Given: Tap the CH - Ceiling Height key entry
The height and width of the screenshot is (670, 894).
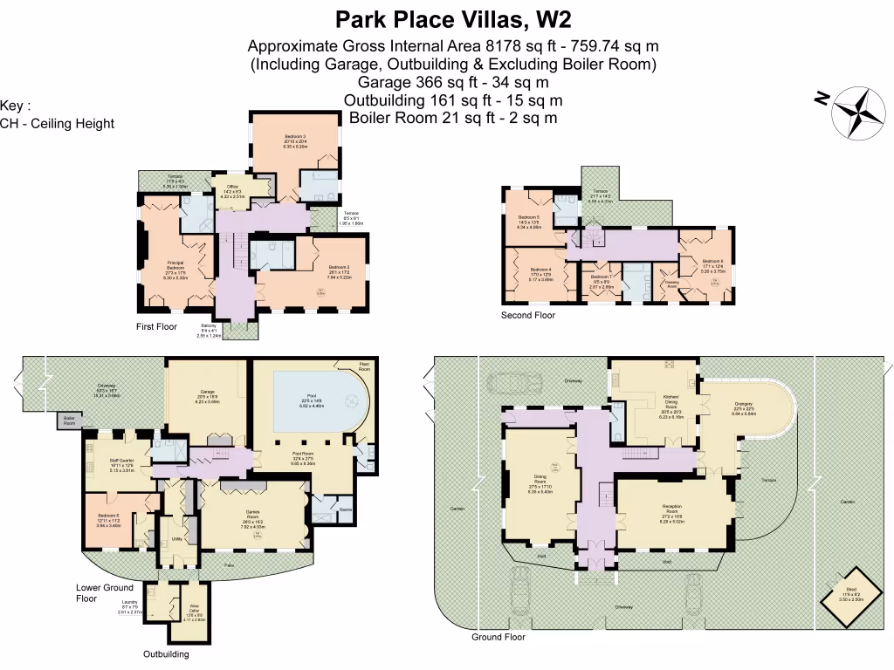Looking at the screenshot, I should (x=58, y=123).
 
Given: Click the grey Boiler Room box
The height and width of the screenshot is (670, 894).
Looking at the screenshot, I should (x=69, y=421).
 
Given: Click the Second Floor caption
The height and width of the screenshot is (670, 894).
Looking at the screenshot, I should (x=527, y=315).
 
